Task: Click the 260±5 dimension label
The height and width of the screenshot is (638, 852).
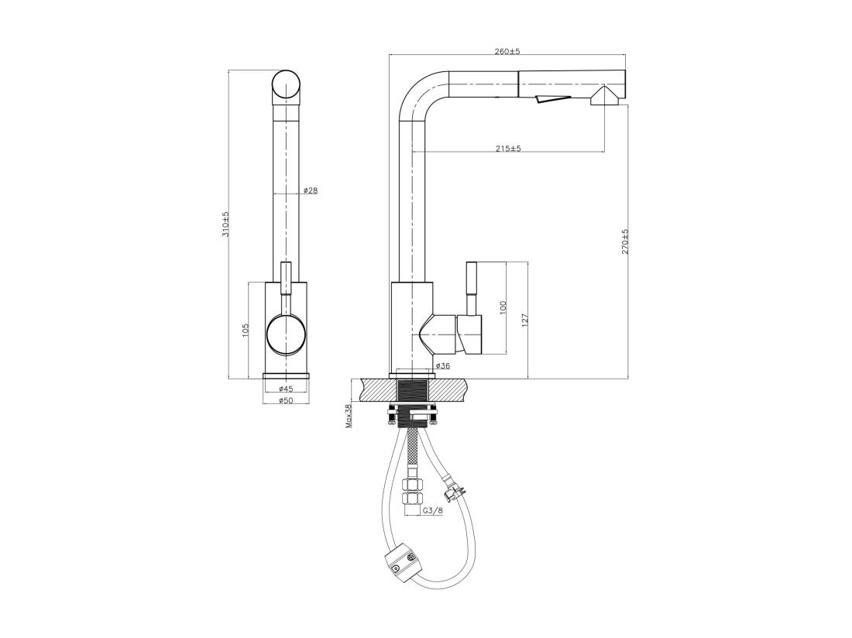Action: [507, 51]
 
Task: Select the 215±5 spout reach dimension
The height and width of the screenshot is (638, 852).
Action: [508, 149]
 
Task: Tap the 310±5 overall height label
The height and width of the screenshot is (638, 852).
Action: [226, 224]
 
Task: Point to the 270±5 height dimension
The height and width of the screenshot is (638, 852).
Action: [625, 242]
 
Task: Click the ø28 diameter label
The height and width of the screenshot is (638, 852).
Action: [310, 190]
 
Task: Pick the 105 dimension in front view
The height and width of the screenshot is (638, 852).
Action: [245, 331]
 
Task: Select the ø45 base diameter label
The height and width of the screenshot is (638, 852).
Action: [285, 389]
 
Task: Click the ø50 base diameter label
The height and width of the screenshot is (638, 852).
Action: [285, 400]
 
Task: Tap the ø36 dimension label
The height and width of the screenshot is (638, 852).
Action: [442, 365]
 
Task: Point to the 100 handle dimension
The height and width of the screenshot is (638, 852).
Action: [503, 308]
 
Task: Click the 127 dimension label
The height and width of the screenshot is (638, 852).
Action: [524, 321]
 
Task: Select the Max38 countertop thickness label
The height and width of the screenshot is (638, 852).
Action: [349, 416]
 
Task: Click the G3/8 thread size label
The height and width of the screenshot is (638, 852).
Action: [433, 510]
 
